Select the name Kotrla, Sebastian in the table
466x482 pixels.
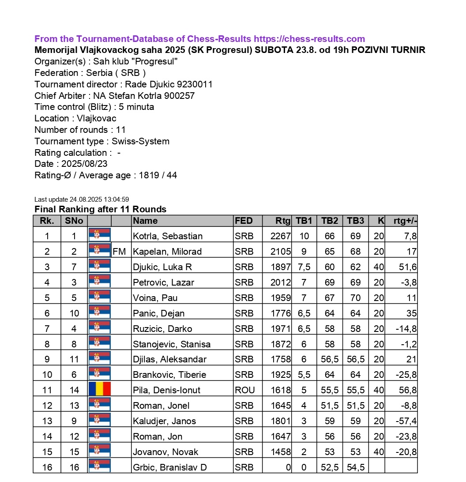(168, 236)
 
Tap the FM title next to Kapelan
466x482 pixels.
(119, 252)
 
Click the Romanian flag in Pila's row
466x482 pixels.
(100, 389)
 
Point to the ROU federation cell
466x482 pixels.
(245, 390)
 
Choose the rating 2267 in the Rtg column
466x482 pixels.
(280, 236)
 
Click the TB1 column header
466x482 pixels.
(304, 221)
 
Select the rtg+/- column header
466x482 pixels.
(405, 221)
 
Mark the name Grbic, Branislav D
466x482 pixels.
(170, 467)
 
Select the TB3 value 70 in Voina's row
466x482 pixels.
(355, 298)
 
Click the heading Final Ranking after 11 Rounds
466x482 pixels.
(100, 209)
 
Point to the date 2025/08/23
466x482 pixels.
(82, 164)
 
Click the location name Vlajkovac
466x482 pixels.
(96, 118)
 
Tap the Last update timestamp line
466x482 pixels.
(82, 200)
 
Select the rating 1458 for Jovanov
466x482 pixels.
(280, 452)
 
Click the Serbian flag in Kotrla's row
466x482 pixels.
(100, 235)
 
